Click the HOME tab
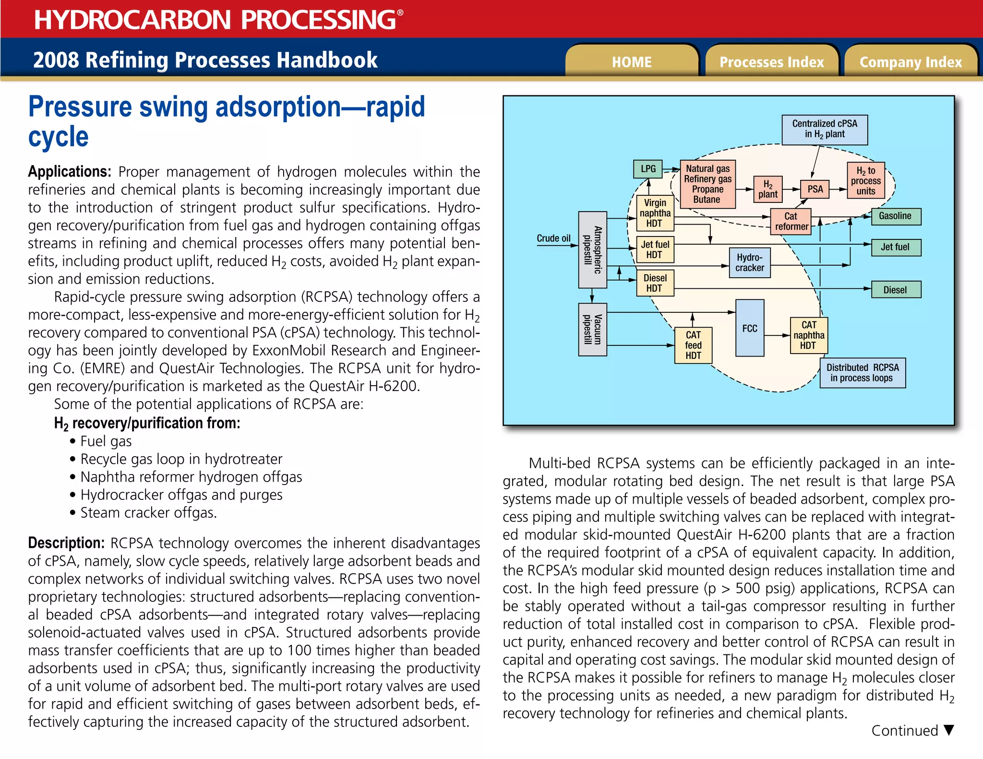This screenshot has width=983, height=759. point(632,62)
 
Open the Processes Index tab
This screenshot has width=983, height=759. point(771,62)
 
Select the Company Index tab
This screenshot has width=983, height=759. point(911,62)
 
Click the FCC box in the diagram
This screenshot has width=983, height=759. point(750,328)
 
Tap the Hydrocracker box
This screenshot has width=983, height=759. point(750,262)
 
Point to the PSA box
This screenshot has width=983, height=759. point(815,189)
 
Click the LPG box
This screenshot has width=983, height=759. point(648,169)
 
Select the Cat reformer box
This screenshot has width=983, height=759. point(791,221)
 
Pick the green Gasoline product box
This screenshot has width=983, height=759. point(895,216)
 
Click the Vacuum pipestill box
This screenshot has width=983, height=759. point(592,330)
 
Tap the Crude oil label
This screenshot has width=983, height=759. point(553,238)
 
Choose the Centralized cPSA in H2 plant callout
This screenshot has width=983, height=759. point(825,129)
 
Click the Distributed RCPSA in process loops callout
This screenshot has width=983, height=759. point(862,373)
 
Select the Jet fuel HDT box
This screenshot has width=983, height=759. point(655,249)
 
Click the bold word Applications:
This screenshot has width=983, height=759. point(70,171)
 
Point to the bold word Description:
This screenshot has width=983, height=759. point(66,543)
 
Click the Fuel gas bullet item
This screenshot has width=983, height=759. point(106,441)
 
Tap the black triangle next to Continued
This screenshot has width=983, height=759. point(948,730)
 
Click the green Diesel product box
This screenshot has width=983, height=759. point(895,290)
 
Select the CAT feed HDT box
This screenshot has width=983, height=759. point(693,345)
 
